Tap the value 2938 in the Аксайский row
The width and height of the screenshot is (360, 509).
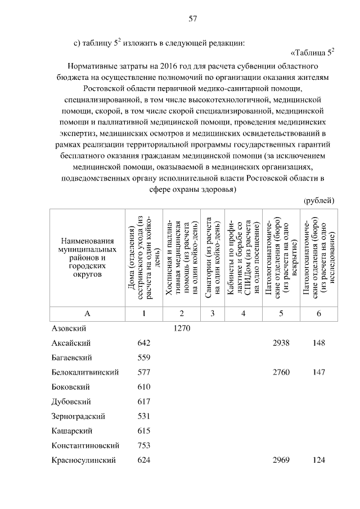[280, 343]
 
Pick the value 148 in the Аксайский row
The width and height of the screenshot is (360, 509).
[318, 343]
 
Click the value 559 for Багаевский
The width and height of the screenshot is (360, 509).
[145, 358]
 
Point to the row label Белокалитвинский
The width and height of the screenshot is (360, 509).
[85, 372]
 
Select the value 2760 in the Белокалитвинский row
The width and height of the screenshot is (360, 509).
[280, 372]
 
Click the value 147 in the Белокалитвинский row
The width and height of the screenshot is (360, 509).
[318, 372]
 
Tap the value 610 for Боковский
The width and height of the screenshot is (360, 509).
[145, 387]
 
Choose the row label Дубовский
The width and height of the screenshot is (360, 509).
[71, 402]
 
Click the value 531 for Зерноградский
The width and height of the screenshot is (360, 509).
[145, 416]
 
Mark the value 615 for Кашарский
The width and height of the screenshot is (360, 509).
[145, 431]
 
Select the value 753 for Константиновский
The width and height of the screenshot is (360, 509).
[145, 445]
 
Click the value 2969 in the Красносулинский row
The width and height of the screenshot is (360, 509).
[280, 460]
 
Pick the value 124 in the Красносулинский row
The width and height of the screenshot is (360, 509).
[318, 460]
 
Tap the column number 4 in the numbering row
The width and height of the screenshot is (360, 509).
[243, 313]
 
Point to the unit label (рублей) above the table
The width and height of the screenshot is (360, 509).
[318, 200]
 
